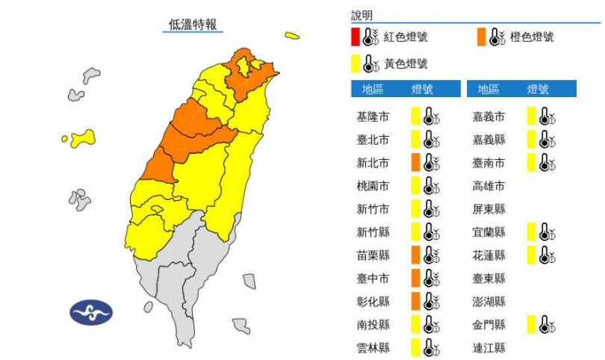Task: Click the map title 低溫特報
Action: click(193, 24)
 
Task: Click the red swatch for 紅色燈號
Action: click(355, 37)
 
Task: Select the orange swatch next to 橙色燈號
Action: click(480, 37)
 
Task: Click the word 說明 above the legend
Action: click(362, 15)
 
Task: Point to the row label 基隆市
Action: click(373, 117)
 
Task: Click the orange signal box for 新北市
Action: click(415, 162)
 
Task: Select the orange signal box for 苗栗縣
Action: click(415, 255)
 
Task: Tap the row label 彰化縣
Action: click(373, 301)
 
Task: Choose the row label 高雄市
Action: click(488, 185)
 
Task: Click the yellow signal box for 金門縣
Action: click(530, 324)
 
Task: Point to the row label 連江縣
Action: click(488, 347)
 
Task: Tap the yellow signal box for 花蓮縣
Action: click(530, 255)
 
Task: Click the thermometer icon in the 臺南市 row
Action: click(547, 162)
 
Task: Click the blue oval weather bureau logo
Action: click(91, 311)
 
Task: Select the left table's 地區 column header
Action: click(373, 90)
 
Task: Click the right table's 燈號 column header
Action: click(537, 90)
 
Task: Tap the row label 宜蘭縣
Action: click(488, 232)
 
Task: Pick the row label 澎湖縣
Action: click(488, 301)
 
